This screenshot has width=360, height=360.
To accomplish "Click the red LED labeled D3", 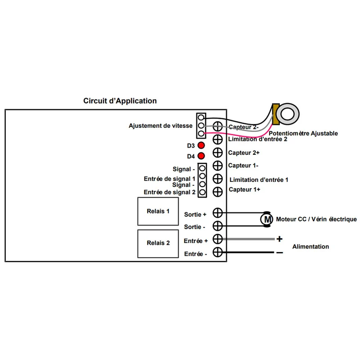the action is click(x=201, y=145).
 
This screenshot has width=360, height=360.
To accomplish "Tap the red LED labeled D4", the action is click(x=201, y=156).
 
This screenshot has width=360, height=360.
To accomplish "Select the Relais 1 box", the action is click(x=158, y=211).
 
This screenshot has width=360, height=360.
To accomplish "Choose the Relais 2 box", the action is click(x=158, y=243).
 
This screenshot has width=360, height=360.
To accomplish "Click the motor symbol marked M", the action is click(x=266, y=219).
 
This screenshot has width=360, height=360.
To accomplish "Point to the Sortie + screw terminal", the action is click(x=217, y=213).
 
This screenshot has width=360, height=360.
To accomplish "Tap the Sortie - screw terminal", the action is click(x=217, y=226).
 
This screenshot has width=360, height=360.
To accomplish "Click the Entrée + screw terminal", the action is click(x=217, y=239).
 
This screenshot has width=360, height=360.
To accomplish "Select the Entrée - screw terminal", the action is click(x=217, y=252).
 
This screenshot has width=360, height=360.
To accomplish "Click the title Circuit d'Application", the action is click(x=120, y=101).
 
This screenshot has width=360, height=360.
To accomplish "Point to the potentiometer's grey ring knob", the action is click(x=288, y=114).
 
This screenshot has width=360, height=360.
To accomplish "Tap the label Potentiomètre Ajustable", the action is click(x=303, y=133).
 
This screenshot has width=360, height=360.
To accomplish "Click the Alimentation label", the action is click(x=310, y=247).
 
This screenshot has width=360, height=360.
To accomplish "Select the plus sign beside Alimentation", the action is click(x=279, y=239).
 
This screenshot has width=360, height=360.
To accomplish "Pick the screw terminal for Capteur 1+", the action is click(x=217, y=192).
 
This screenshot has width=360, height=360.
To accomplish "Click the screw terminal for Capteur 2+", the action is click(x=217, y=153).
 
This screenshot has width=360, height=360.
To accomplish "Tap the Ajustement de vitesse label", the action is click(x=161, y=126).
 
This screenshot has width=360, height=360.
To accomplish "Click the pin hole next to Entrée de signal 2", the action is click(x=202, y=192).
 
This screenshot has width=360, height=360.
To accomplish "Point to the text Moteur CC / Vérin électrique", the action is click(x=316, y=219).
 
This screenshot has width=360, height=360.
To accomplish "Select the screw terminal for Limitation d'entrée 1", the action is click(x=217, y=179).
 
